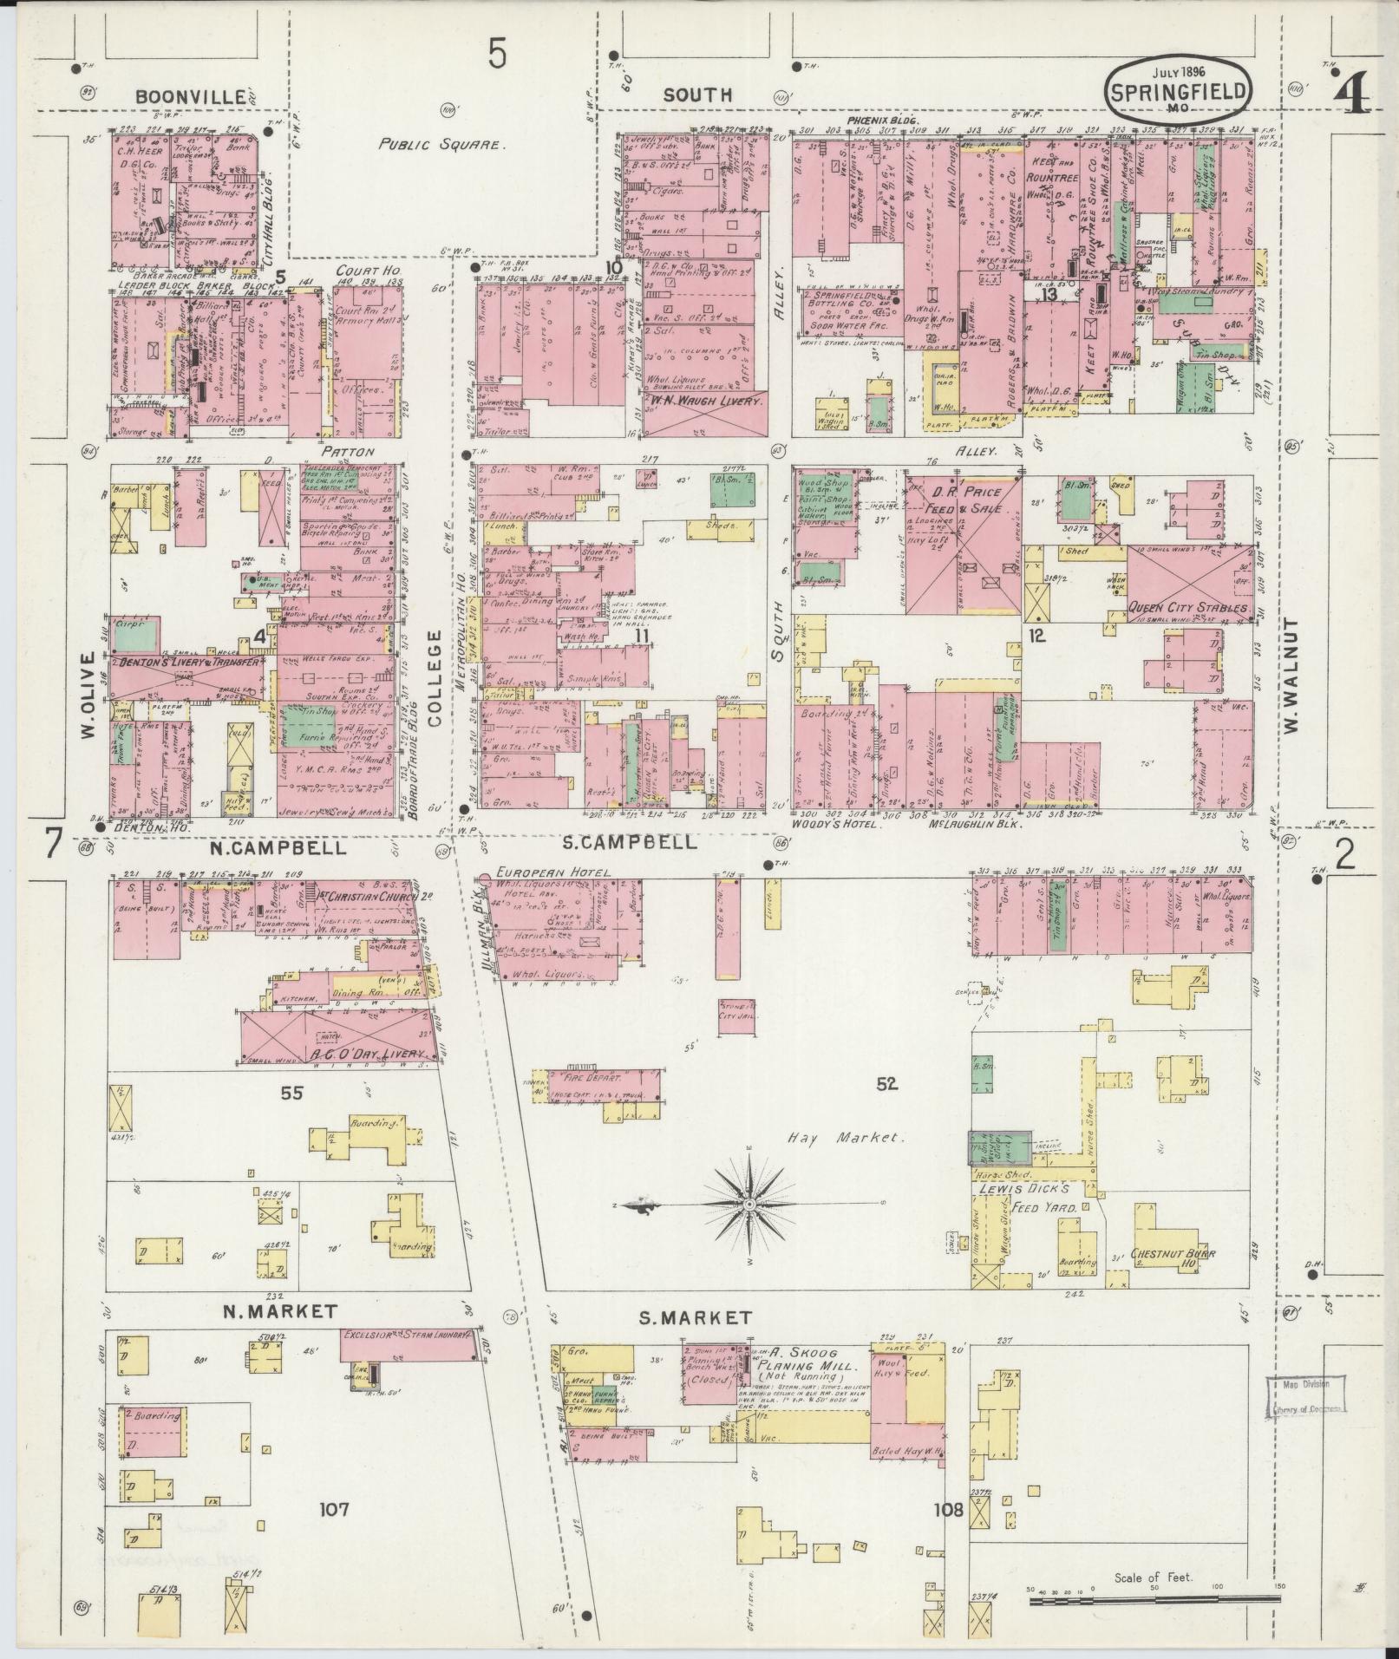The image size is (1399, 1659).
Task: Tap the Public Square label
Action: (441, 145)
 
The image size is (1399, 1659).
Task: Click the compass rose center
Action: (749, 1205)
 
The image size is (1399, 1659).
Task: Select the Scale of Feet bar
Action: (1154, 1599)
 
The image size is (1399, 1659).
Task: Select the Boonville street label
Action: (190, 97)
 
